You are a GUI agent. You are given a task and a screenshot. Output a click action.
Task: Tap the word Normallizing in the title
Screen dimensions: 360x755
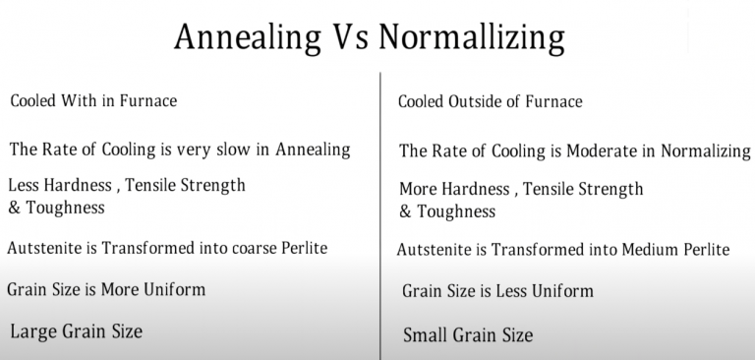(x=471, y=38)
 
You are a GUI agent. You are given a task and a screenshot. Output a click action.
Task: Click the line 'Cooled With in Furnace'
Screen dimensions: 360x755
(x=93, y=100)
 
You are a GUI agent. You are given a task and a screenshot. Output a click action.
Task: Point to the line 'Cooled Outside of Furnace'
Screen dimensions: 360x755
(x=491, y=101)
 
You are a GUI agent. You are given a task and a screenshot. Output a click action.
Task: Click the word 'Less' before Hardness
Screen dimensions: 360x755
(x=25, y=184)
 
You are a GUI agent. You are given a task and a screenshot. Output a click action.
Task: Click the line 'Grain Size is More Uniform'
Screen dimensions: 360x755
(x=106, y=289)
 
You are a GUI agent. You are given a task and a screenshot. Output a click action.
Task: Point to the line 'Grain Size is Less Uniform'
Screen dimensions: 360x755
(x=498, y=291)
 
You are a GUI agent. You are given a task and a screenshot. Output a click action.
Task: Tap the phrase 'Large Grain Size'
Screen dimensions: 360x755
(x=76, y=331)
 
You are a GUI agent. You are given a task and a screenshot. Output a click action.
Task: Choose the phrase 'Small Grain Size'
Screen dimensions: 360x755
(x=468, y=335)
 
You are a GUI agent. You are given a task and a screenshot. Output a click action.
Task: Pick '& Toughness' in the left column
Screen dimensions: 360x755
(x=56, y=208)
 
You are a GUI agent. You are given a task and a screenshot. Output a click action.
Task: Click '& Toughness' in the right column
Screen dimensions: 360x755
(x=447, y=211)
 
